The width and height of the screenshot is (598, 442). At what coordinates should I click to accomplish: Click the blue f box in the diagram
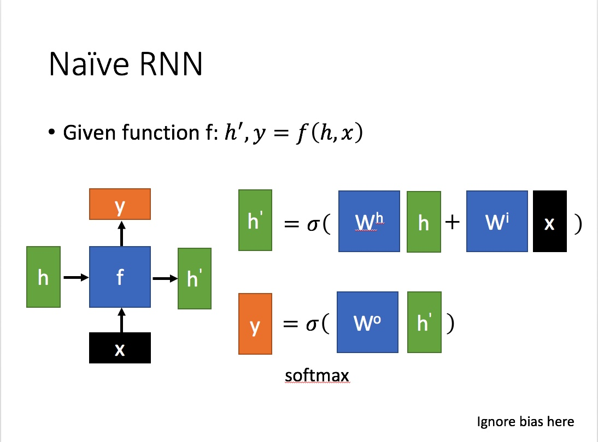[x=120, y=277]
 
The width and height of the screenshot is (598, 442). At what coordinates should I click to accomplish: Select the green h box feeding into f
[x=43, y=277]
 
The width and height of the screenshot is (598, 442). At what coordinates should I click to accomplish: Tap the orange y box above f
[x=120, y=204]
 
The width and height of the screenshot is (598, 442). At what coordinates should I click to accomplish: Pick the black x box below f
[x=120, y=348]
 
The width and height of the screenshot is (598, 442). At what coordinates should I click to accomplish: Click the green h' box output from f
[x=195, y=278]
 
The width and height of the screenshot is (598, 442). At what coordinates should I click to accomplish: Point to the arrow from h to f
[x=75, y=278]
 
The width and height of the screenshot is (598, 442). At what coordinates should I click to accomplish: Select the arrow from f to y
[x=121, y=233]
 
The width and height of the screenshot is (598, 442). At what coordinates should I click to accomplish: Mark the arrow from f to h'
[x=165, y=279]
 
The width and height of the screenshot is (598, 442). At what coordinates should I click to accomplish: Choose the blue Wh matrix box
[x=369, y=221]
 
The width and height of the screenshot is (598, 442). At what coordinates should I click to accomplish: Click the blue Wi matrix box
[x=497, y=221]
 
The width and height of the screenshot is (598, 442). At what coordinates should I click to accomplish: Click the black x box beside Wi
[x=549, y=221]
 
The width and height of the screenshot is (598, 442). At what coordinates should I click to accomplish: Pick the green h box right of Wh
[x=424, y=222]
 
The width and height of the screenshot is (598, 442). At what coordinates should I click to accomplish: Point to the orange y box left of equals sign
[x=255, y=324]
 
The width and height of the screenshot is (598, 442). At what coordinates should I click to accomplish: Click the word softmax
[x=316, y=376]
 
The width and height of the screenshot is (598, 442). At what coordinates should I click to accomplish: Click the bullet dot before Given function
[x=52, y=133]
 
